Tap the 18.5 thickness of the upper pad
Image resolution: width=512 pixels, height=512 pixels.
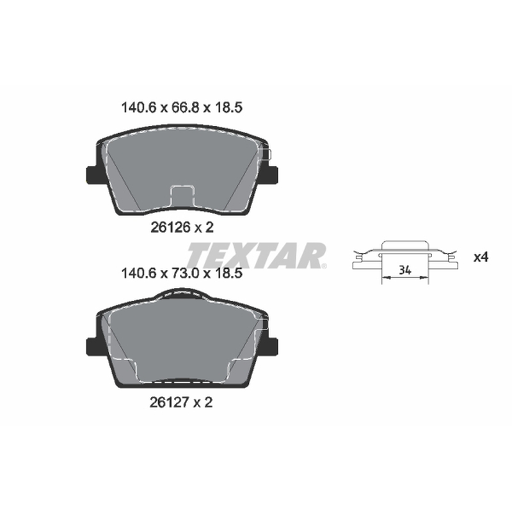[x=228, y=108]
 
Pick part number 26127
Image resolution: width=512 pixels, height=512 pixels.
[x=169, y=403]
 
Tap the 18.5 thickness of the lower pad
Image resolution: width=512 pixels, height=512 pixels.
[x=228, y=273]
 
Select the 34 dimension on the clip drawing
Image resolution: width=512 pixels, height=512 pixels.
[x=405, y=270]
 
